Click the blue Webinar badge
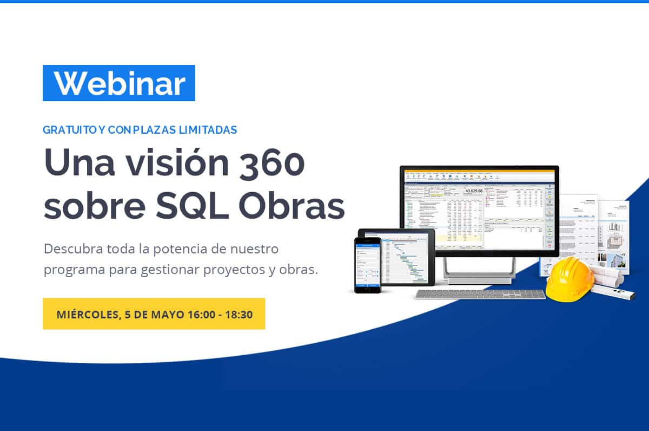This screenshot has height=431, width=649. (119, 83)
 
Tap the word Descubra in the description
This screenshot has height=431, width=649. (67, 249)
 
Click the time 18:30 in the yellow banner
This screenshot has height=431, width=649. (240, 314)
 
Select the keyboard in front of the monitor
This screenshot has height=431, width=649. (480, 294)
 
